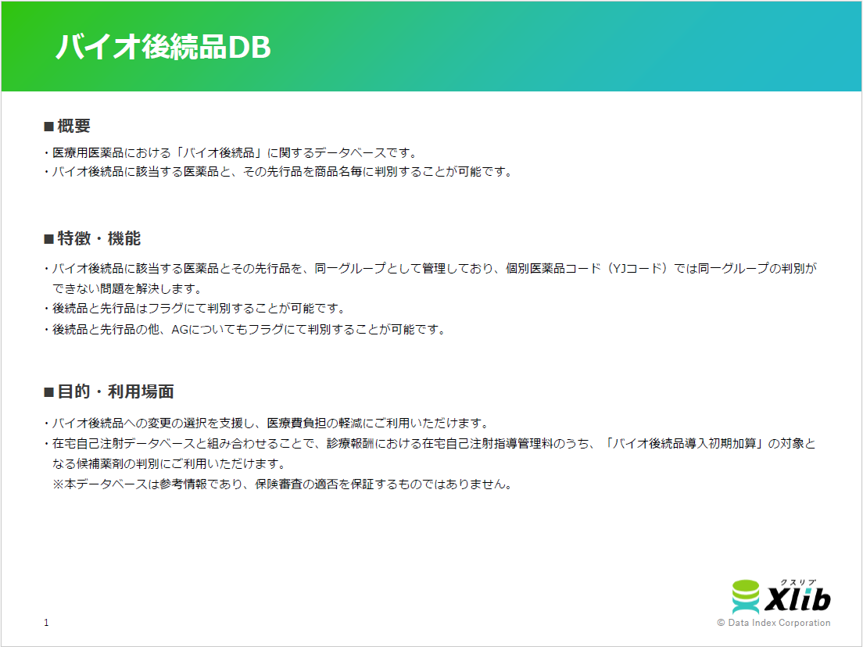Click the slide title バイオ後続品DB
pyautogui.click(x=163, y=48)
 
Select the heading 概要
pyautogui.click(x=73, y=127)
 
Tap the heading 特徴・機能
pyautogui.click(x=98, y=238)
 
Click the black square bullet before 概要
pyautogui.click(x=48, y=127)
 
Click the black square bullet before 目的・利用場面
pyautogui.click(x=48, y=391)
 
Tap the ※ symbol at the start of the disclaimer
pyautogui.click(x=57, y=484)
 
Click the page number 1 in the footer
pyautogui.click(x=46, y=622)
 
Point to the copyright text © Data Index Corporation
pyautogui.click(x=773, y=623)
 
